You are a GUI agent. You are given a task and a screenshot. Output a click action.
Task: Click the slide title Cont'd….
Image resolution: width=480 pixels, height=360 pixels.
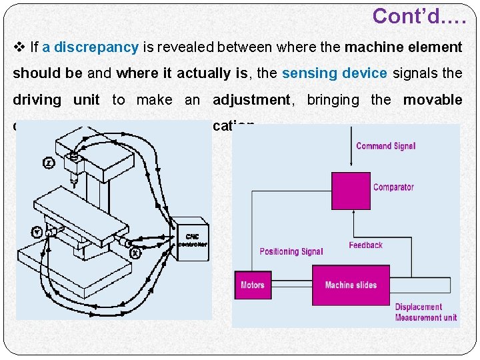[419, 16]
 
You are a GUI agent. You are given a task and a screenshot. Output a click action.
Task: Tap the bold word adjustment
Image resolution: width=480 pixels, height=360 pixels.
[251, 100]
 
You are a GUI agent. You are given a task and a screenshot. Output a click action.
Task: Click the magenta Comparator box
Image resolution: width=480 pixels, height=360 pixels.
[351, 191]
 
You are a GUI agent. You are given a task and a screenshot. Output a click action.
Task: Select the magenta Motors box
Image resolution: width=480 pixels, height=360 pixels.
[253, 285]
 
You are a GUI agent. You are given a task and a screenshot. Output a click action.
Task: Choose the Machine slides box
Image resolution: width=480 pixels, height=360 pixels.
[351, 285]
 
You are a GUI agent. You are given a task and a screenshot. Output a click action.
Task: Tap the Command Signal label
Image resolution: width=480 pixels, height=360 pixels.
[385, 146]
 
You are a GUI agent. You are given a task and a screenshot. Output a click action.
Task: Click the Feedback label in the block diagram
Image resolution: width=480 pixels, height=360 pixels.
[365, 245]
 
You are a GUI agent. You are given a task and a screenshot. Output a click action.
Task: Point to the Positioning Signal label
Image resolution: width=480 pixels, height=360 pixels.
[291, 251]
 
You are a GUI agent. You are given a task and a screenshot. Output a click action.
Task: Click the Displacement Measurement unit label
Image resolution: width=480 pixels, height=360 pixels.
[425, 312]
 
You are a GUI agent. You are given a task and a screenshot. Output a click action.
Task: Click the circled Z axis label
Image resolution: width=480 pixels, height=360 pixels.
[49, 163]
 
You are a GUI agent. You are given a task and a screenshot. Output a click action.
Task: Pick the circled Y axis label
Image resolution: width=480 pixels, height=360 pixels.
[37, 232]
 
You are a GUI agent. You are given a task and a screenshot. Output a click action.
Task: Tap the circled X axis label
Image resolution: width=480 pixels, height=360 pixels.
[135, 253]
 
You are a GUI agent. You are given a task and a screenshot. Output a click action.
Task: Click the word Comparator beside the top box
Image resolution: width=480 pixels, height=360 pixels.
[393, 187]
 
